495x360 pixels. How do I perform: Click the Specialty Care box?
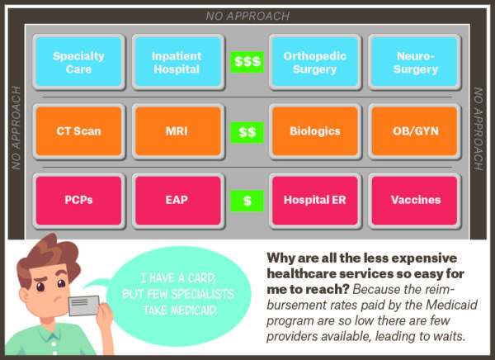(78, 62)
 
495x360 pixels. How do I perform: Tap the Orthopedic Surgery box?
(315, 62)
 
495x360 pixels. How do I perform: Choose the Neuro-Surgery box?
(414, 62)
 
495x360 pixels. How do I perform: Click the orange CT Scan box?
(78, 131)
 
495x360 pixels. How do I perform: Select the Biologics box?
(315, 131)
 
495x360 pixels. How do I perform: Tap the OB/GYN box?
(414, 131)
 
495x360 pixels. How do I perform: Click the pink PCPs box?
(78, 201)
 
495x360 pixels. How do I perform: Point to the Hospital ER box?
(315, 201)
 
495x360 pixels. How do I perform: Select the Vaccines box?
(414, 201)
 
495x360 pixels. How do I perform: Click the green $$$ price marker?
(247, 62)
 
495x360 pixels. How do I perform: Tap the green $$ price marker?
(247, 132)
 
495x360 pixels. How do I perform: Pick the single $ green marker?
(247, 201)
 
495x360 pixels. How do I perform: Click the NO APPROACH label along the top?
(247, 17)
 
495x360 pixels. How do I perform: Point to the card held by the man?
(84, 305)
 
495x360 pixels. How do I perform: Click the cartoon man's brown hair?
(47, 253)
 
